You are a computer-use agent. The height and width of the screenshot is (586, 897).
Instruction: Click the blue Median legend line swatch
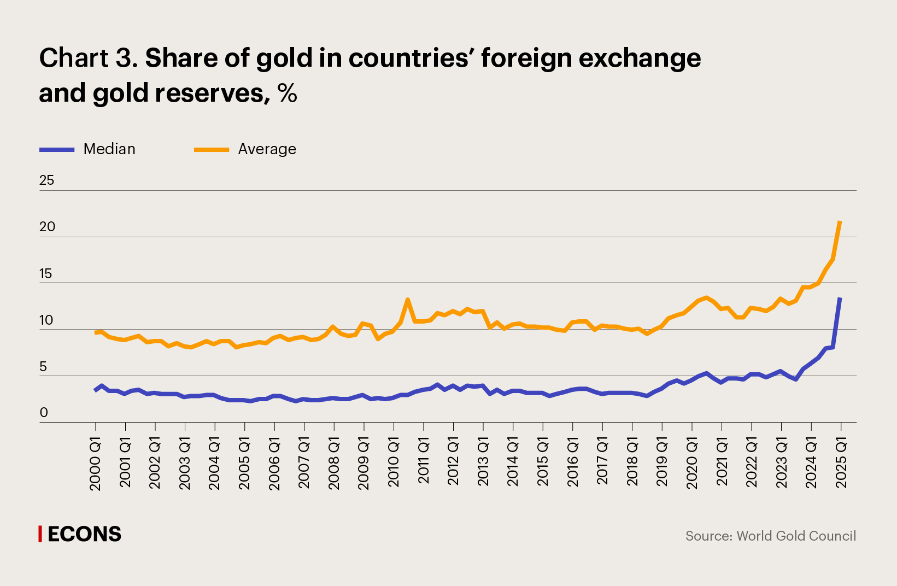point(57,150)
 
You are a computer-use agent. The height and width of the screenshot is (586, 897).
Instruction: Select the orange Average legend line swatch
point(212,150)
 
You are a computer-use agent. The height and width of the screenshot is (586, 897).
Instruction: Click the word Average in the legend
point(267,149)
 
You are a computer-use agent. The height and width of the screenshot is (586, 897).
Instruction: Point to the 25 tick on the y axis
point(47,180)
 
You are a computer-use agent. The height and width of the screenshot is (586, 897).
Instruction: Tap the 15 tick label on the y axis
point(47,273)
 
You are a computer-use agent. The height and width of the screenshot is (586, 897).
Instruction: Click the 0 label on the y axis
point(44,413)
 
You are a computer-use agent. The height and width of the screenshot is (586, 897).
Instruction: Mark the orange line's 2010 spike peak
point(408,300)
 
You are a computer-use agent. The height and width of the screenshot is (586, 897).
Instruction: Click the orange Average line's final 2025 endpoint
point(840,222)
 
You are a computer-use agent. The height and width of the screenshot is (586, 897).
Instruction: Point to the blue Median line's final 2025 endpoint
point(840,298)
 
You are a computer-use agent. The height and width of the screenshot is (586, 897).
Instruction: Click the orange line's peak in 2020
point(707,297)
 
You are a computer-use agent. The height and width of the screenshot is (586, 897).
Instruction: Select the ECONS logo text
point(85,534)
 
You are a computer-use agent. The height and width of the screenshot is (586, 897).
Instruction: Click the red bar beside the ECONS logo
point(40,534)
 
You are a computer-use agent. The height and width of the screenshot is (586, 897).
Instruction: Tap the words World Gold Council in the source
point(796,536)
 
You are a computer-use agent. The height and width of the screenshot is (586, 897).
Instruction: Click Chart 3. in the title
point(88,58)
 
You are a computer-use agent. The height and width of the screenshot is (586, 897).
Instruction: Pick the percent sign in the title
point(287,93)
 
